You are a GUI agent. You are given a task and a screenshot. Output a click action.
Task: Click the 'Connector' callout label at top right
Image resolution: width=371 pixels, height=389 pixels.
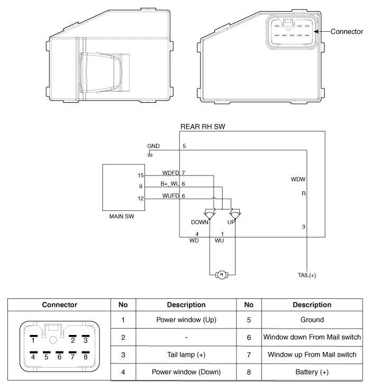coord(347,32)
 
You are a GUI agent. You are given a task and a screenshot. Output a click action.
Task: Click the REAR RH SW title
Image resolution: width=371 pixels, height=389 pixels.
coord(204,127)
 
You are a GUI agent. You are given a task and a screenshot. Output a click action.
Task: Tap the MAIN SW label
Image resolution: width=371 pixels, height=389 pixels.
coord(121,216)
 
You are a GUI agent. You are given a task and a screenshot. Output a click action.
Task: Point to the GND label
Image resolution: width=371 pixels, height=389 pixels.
coord(153,146)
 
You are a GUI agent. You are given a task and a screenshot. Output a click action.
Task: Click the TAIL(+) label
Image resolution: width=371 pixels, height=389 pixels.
coord(307,275)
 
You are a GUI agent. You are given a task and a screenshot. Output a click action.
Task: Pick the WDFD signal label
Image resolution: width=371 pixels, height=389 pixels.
coord(171,173)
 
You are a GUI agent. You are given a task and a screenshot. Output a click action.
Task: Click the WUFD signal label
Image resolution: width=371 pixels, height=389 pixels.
coord(171,196)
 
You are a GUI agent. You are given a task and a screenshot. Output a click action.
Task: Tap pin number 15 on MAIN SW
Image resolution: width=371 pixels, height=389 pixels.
coord(140,175)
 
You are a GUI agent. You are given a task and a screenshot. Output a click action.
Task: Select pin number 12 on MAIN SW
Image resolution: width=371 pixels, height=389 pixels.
coord(140,198)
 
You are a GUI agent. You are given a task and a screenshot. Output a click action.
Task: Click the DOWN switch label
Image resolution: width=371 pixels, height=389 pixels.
coord(200,222)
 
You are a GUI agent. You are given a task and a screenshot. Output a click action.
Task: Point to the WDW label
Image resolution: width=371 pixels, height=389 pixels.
coord(298,179)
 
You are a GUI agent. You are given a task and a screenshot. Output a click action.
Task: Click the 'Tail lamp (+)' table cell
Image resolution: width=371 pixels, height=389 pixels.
coord(186,355)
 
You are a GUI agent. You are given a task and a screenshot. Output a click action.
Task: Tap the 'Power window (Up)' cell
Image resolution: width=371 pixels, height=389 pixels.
coord(186,320)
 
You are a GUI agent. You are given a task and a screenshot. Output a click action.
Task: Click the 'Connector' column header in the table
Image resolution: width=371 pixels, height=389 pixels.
coord(60,305)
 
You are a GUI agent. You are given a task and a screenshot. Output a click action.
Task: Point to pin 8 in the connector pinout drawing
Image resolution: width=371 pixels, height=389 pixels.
coord(85,356)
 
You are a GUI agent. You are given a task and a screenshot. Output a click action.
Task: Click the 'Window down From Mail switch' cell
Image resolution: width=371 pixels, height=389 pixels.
coord(312,337)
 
